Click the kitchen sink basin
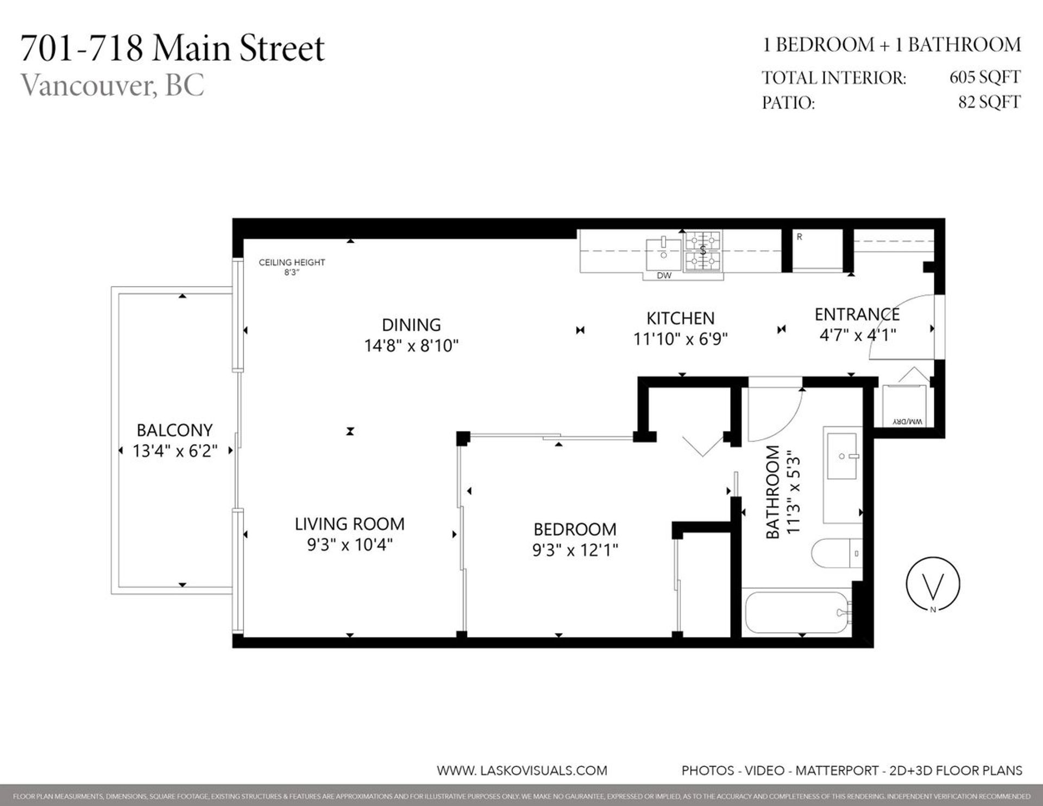tap(663, 254)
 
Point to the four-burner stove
tap(703, 251)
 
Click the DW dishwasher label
tap(664, 275)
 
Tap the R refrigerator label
tap(800, 237)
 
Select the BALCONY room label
tap(174, 430)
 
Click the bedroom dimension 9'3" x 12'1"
tap(575, 550)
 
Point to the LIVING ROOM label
tap(349, 524)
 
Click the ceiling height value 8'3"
tap(292, 273)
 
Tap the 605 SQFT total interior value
tap(984, 77)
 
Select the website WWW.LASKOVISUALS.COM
tap(521, 770)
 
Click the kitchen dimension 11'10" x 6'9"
tap(680, 339)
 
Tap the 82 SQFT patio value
tap(989, 102)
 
